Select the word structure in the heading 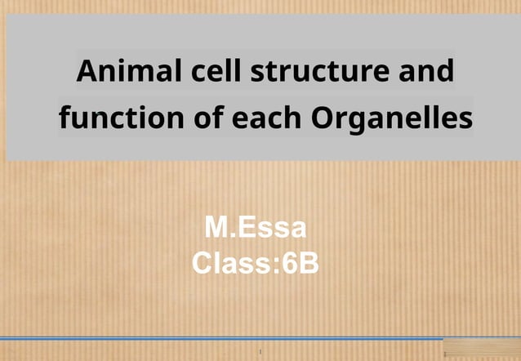coord(321,72)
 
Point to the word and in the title coord(426,72)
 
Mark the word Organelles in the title coord(392,118)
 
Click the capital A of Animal coord(87,72)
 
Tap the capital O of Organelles coord(323,118)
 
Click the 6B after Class coord(301,263)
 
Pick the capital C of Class coord(200,263)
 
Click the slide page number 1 coord(260,352)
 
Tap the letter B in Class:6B coord(311,263)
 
